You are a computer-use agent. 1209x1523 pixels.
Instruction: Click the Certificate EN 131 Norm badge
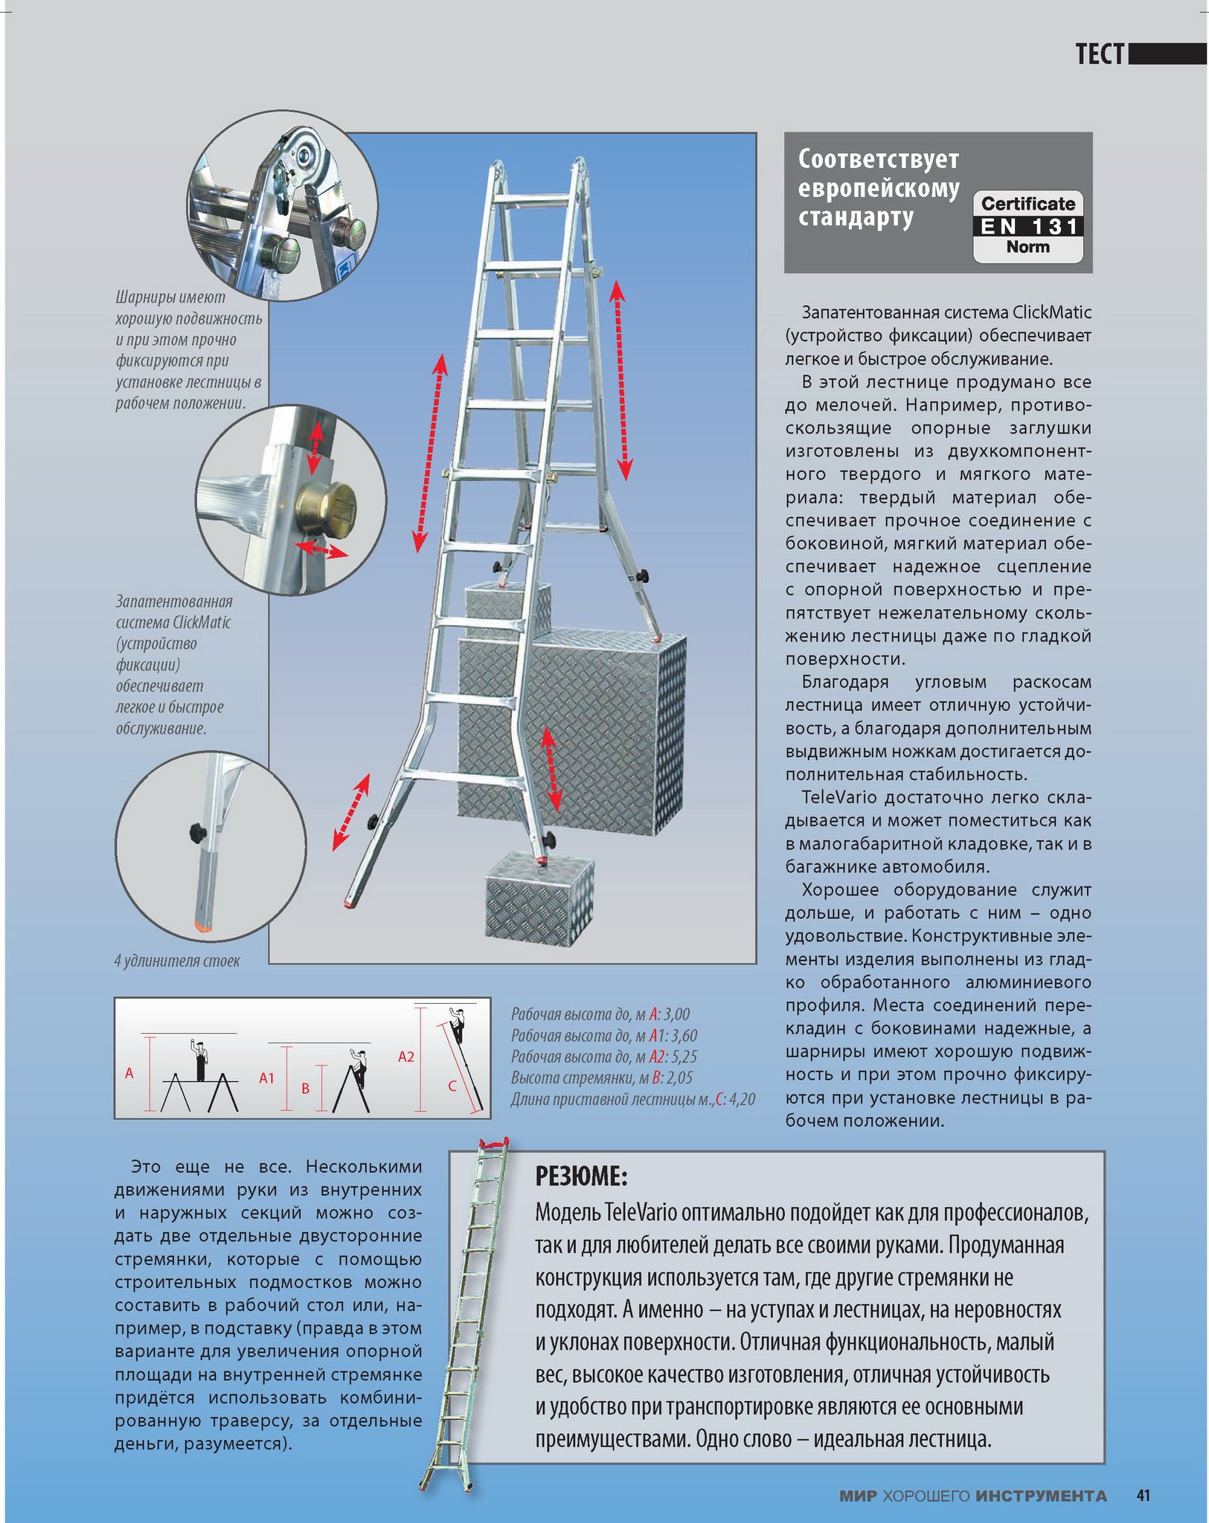tap(1027, 226)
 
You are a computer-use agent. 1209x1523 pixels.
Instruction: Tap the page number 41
tap(1144, 1495)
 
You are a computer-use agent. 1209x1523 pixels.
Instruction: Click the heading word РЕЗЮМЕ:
tap(581, 1176)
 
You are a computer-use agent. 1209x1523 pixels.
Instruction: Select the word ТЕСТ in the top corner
tap(1099, 54)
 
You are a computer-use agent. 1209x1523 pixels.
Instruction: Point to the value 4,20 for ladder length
tap(742, 1099)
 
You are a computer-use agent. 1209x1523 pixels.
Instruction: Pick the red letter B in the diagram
tap(305, 1089)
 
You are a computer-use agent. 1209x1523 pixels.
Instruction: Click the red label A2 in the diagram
tap(405, 1057)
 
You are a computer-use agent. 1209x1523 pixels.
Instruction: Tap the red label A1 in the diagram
tap(266, 1078)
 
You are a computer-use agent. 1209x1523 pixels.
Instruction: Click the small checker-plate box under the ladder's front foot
tap(539, 898)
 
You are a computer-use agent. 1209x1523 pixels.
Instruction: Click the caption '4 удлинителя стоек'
tap(177, 961)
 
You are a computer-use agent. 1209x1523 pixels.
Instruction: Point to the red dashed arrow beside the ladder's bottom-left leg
tap(351, 811)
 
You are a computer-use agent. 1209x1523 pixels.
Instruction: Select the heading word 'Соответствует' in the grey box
tap(878, 159)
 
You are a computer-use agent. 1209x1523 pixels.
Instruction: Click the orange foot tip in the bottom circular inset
tap(201, 926)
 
